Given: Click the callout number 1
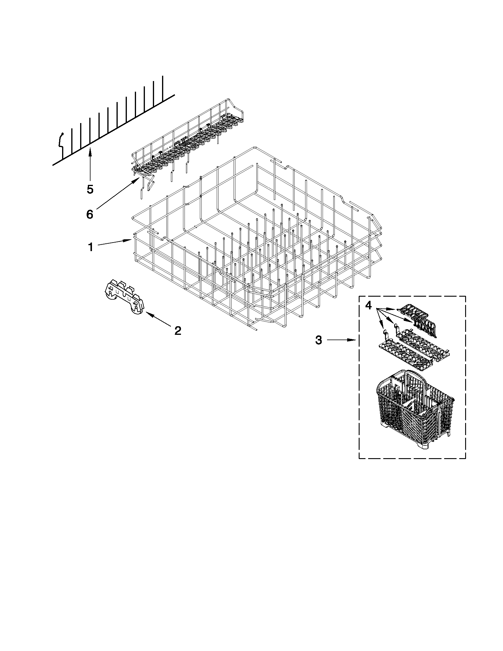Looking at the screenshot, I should (90, 247).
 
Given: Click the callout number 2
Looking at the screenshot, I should (178, 330).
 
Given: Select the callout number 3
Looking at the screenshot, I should (318, 340).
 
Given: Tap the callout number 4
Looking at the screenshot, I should (369, 305).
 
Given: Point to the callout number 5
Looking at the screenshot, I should (90, 189).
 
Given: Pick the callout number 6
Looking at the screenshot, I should (90, 214).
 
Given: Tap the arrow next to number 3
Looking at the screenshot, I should (343, 340).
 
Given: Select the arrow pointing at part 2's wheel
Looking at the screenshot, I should (159, 320).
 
